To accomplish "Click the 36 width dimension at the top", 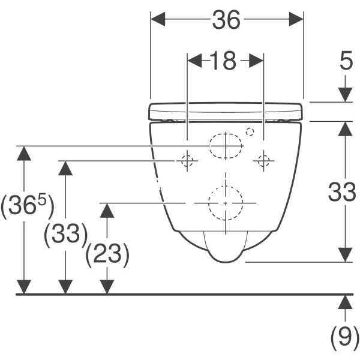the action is (x=226, y=20).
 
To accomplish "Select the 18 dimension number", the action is (x=223, y=61).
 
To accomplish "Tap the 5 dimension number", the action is (x=346, y=61).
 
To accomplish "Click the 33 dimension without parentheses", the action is (x=342, y=192).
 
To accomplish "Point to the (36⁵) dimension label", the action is (x=28, y=206).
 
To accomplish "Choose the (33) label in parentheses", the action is (x=66, y=235).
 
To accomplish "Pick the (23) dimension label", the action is (x=107, y=255).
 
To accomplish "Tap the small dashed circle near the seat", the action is (x=250, y=132).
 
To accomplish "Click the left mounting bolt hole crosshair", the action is (x=187, y=161).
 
